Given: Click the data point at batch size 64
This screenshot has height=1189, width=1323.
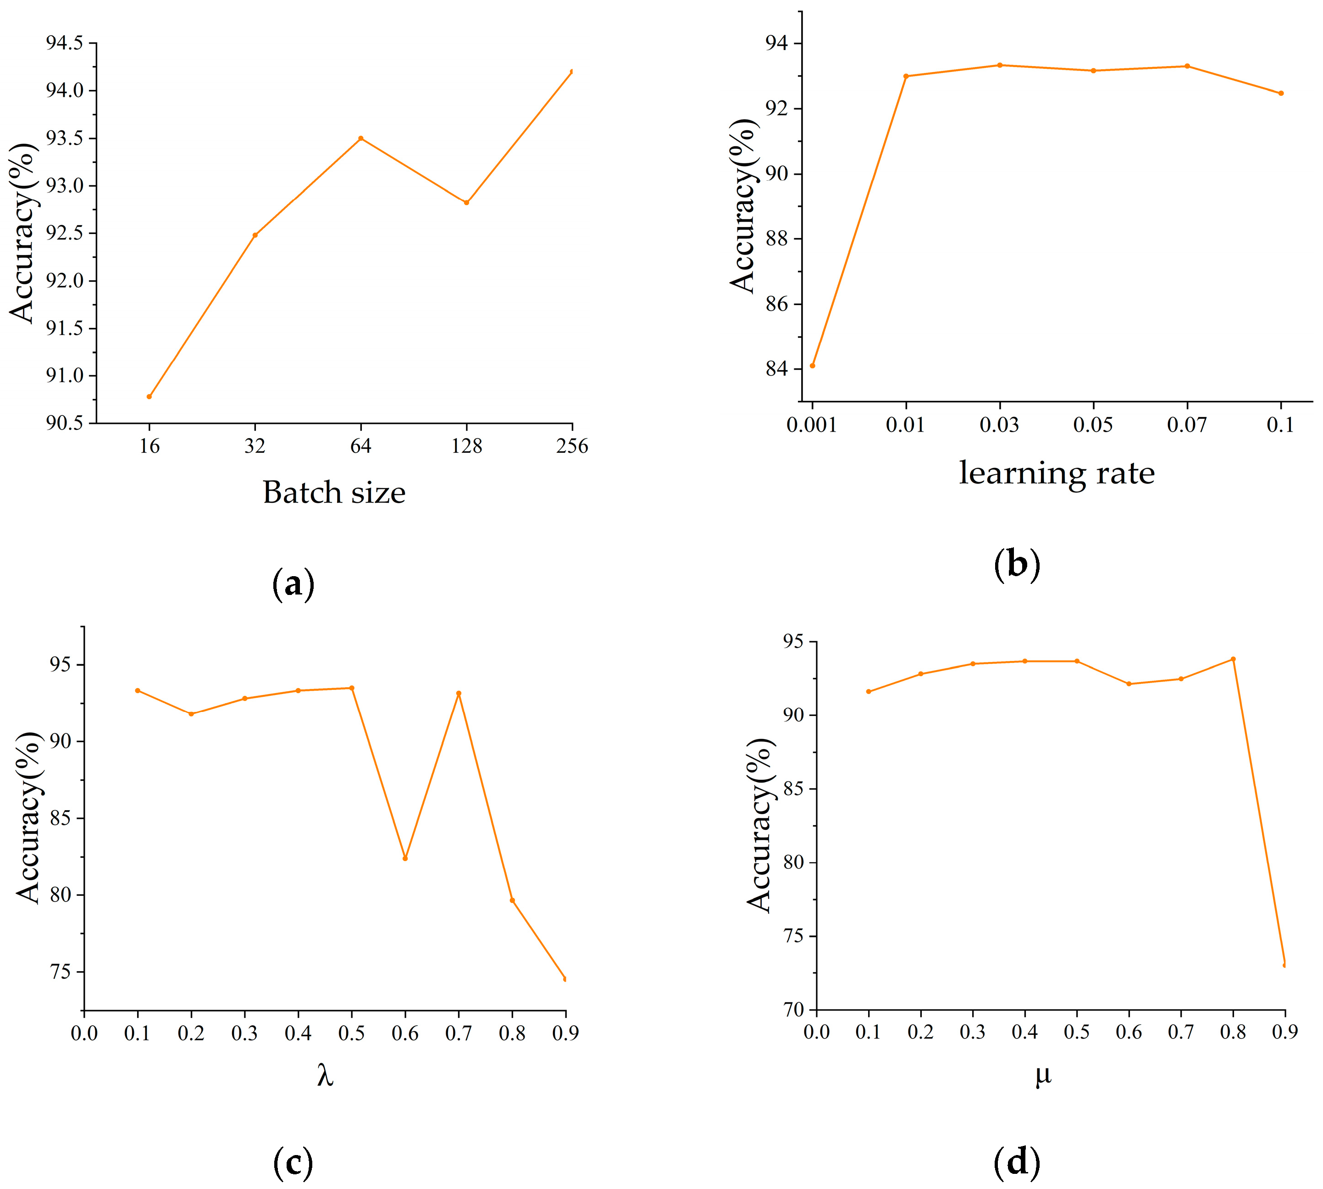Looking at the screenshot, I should pos(360,139).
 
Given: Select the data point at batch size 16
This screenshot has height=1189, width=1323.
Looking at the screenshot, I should pos(149,396).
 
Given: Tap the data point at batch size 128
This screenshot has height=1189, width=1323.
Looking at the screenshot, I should pos(466,202).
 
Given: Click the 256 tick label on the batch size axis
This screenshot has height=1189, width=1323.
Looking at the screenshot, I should pos(572,446).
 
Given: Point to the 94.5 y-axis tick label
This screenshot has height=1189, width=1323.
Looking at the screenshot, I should pos(64,43).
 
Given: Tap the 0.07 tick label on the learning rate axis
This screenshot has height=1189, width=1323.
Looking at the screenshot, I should pos(1186,425).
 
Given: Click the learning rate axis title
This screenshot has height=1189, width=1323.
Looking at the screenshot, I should pos(1056,473).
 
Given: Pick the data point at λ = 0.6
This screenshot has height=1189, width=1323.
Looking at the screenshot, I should pos(405,858).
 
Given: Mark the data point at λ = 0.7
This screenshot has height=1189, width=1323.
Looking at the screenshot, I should pos(459,693).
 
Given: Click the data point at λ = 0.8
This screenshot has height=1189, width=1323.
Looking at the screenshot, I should pos(512,900).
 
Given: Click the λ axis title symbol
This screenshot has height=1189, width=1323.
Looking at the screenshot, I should pos(325,1075).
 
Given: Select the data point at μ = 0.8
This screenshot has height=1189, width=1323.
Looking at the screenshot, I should pos(1233,659).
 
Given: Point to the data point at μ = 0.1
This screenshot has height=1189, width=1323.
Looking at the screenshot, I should pos(869,691).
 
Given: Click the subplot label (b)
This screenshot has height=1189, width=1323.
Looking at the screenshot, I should pos(1017,564).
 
